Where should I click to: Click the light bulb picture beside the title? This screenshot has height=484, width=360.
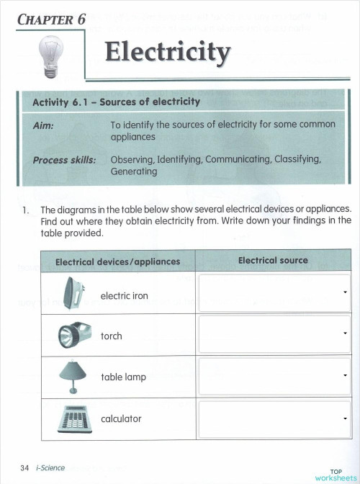(50, 56)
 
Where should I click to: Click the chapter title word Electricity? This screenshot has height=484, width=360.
(168, 53)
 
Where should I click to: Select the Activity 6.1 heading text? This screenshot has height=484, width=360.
(116, 102)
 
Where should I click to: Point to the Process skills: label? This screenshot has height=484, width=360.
(64, 160)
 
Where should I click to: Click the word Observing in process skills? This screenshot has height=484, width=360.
(132, 160)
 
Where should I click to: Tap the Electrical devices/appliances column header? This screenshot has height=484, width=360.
(117, 261)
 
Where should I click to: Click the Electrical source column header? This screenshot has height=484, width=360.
(273, 261)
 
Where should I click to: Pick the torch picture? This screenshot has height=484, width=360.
(74, 335)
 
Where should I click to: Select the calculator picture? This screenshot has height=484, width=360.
(73, 418)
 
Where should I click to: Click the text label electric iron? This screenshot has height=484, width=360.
(125, 296)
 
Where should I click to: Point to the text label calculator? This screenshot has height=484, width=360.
(121, 418)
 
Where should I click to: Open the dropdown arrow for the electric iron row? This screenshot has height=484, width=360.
(346, 292)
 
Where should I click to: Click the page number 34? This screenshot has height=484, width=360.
(25, 468)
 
